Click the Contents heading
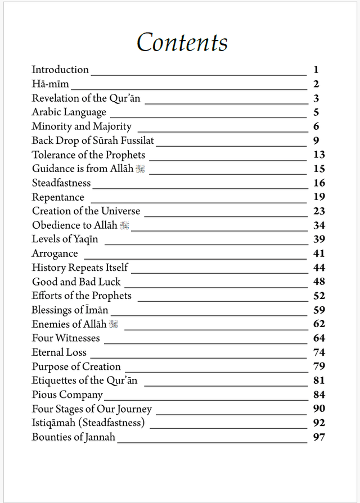click(x=182, y=42)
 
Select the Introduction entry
click(x=60, y=70)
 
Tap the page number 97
click(x=319, y=437)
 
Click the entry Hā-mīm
click(x=50, y=84)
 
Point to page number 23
click(x=319, y=211)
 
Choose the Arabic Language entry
click(x=69, y=112)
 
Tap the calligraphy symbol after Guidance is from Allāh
click(x=140, y=169)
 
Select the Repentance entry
click(x=58, y=197)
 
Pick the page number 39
click(x=319, y=239)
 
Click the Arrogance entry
click(x=55, y=253)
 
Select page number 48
click(x=319, y=282)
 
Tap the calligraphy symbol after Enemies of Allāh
click(x=114, y=324)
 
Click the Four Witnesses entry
click(x=66, y=338)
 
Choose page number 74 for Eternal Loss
click(x=319, y=352)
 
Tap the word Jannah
click(x=98, y=437)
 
